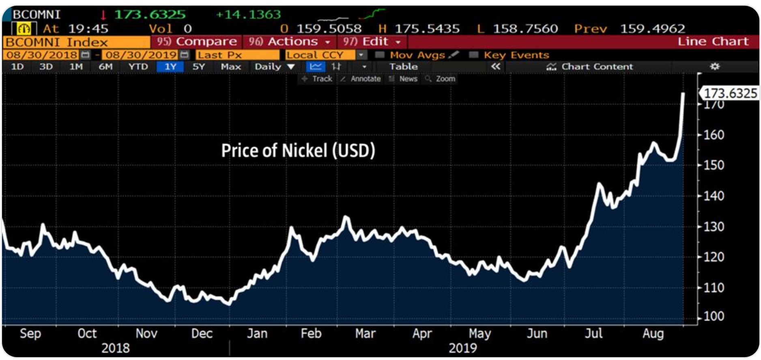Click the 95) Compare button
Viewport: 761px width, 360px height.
pos(197,42)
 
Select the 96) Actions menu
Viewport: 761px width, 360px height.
pos(289,42)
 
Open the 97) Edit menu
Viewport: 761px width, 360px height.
pos(371,42)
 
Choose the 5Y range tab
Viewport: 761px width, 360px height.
pos(198,66)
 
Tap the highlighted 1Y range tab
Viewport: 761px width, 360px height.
pos(170,66)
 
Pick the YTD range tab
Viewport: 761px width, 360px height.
pos(138,66)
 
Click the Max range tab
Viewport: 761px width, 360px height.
pos(231,66)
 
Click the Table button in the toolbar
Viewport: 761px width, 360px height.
pos(403,66)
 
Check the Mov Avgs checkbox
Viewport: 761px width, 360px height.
pos(380,55)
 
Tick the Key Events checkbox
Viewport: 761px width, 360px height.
pos(473,55)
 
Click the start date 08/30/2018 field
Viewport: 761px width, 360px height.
pos(42,55)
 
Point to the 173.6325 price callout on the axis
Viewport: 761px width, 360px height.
pos(730,93)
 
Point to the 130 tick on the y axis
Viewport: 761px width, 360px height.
pos(714,226)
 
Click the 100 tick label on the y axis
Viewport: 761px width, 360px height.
pos(714,316)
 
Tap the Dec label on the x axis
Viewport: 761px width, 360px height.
pos(202,334)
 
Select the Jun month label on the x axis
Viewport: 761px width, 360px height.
pos(537,334)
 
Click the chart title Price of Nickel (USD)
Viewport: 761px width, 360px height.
pos(298,150)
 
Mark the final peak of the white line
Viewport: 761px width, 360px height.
pos(683,94)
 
